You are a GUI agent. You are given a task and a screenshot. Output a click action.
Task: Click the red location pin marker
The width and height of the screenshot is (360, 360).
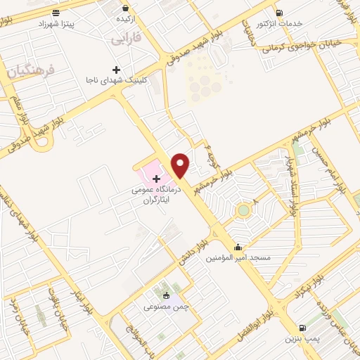(180, 165)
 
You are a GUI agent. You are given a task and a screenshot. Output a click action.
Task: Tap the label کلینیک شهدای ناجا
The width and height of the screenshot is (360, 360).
(115, 81)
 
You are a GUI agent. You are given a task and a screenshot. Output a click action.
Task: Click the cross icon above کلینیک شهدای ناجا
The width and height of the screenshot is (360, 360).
(116, 70)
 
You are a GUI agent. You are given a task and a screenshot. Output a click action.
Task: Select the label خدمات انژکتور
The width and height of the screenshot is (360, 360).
(280, 23)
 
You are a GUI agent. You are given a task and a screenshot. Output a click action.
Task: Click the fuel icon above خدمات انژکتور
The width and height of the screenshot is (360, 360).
(280, 12)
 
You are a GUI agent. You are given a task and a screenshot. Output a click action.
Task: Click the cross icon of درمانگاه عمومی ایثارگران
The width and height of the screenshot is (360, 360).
(156, 179)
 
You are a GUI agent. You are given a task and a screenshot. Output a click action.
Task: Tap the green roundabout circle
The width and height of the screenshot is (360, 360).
(243, 209)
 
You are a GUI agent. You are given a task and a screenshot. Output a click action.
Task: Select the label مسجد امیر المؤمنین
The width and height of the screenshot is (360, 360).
(239, 258)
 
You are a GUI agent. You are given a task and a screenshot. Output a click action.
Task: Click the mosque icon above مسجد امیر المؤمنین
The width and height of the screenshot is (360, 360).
(239, 247)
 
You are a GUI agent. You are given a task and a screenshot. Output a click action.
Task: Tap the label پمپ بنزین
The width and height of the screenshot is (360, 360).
(303, 339)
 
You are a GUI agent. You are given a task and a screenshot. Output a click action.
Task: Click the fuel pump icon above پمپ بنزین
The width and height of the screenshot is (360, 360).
(303, 328)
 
